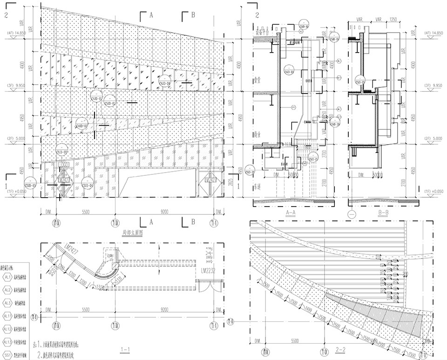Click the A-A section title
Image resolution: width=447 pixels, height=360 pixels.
point(290,213)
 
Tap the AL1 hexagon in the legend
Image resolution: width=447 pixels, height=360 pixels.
point(8,277)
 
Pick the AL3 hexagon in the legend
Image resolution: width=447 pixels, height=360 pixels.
point(8,303)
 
